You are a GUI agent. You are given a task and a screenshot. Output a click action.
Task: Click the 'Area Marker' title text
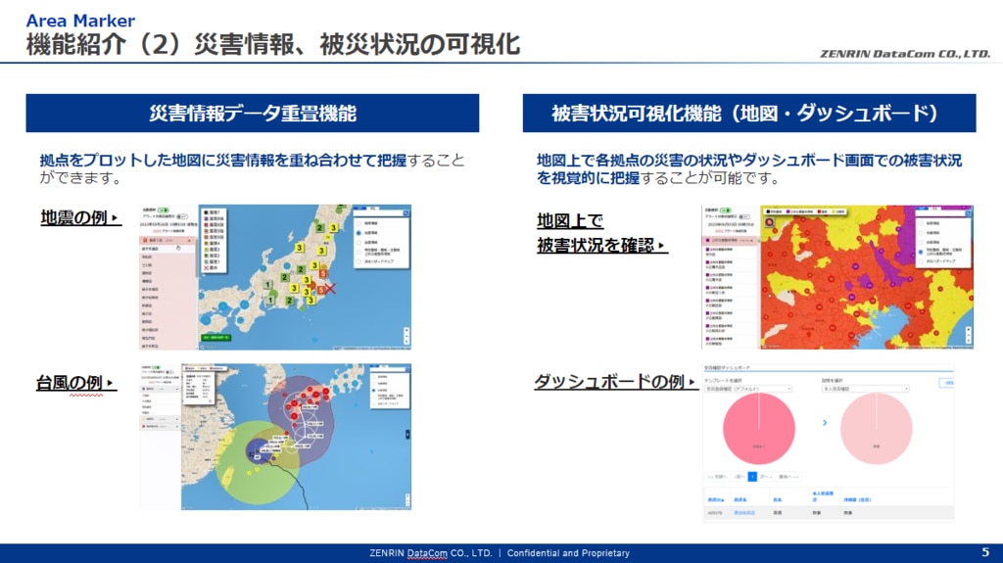pos(80,21)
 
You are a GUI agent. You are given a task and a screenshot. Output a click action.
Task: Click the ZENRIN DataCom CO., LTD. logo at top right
pos(905,54)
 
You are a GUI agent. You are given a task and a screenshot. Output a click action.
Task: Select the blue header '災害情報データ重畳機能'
pos(252,114)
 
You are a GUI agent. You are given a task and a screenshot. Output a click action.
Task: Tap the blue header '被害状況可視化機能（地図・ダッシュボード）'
pos(748,114)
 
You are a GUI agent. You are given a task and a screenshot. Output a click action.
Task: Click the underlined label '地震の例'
pos(74,217)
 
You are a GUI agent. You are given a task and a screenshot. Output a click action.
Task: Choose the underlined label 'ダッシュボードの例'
pos(608,382)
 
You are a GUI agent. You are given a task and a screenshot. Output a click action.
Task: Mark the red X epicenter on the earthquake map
pos(331,289)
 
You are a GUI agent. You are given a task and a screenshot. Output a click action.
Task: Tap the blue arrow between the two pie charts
pos(825,423)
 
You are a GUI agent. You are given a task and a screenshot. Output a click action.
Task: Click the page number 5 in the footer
pos(985,552)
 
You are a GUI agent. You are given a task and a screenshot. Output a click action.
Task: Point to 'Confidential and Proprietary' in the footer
pos(568,553)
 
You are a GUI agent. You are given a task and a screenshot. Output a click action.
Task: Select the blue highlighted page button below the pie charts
pos(752,476)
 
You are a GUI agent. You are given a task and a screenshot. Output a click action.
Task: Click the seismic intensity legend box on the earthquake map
pos(214,239)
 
